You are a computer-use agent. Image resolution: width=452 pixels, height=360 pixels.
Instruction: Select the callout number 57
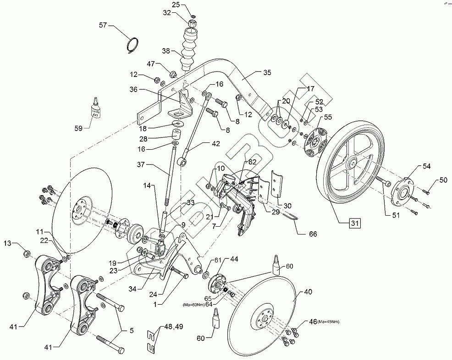click(103, 26)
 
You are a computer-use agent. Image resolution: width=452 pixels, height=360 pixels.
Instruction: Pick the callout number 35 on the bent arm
click(267, 72)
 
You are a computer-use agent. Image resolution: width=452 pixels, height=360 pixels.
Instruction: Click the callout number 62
click(253, 161)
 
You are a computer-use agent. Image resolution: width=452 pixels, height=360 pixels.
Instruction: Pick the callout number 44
click(234, 259)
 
